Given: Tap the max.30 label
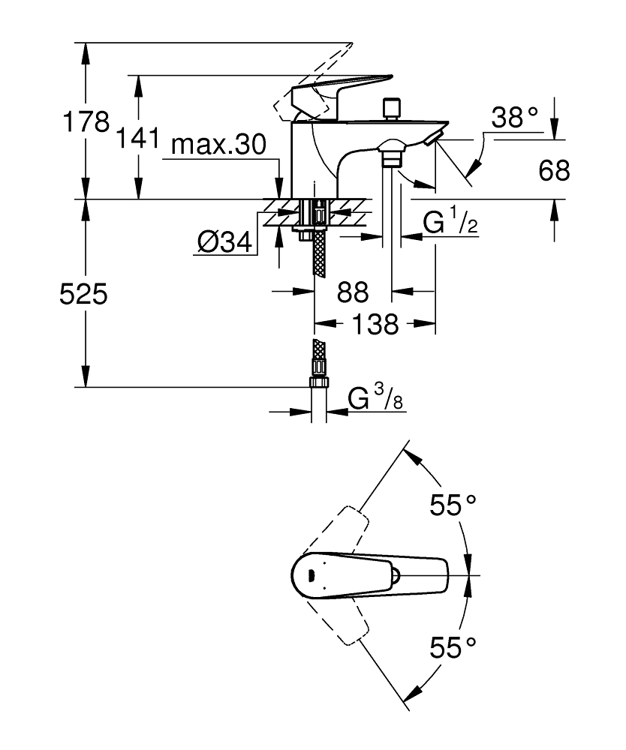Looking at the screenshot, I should coord(218,145).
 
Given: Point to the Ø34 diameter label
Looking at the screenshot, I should coord(223,243).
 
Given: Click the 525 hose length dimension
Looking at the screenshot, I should coord(83,294).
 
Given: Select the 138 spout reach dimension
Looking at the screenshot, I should coord(375,325).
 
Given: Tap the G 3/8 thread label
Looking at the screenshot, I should coord(376,400).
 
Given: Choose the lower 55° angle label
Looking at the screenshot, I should coord(453,646).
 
